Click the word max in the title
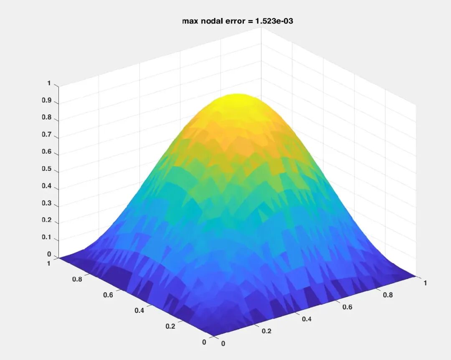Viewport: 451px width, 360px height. [x=189, y=21]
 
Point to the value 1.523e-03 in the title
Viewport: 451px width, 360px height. [x=274, y=21]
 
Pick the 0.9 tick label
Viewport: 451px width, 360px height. [x=47, y=100]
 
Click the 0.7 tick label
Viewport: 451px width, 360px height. [x=47, y=134]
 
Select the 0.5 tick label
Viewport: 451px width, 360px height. [x=47, y=169]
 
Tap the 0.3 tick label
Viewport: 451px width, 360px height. [x=47, y=203]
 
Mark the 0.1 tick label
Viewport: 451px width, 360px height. [x=47, y=237]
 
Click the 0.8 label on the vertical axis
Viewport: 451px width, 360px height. [x=47, y=117]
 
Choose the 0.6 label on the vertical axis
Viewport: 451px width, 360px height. [x=47, y=151]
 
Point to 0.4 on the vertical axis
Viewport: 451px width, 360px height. [x=47, y=186]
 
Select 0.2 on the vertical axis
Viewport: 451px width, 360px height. [x=47, y=220]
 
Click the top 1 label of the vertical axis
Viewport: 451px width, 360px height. [x=49, y=83]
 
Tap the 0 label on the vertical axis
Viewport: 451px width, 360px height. [x=49, y=254]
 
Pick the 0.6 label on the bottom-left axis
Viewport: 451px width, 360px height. [x=108, y=295]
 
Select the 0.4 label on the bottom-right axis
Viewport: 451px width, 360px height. [x=307, y=319]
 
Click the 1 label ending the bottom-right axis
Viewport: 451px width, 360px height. [x=425, y=283]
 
